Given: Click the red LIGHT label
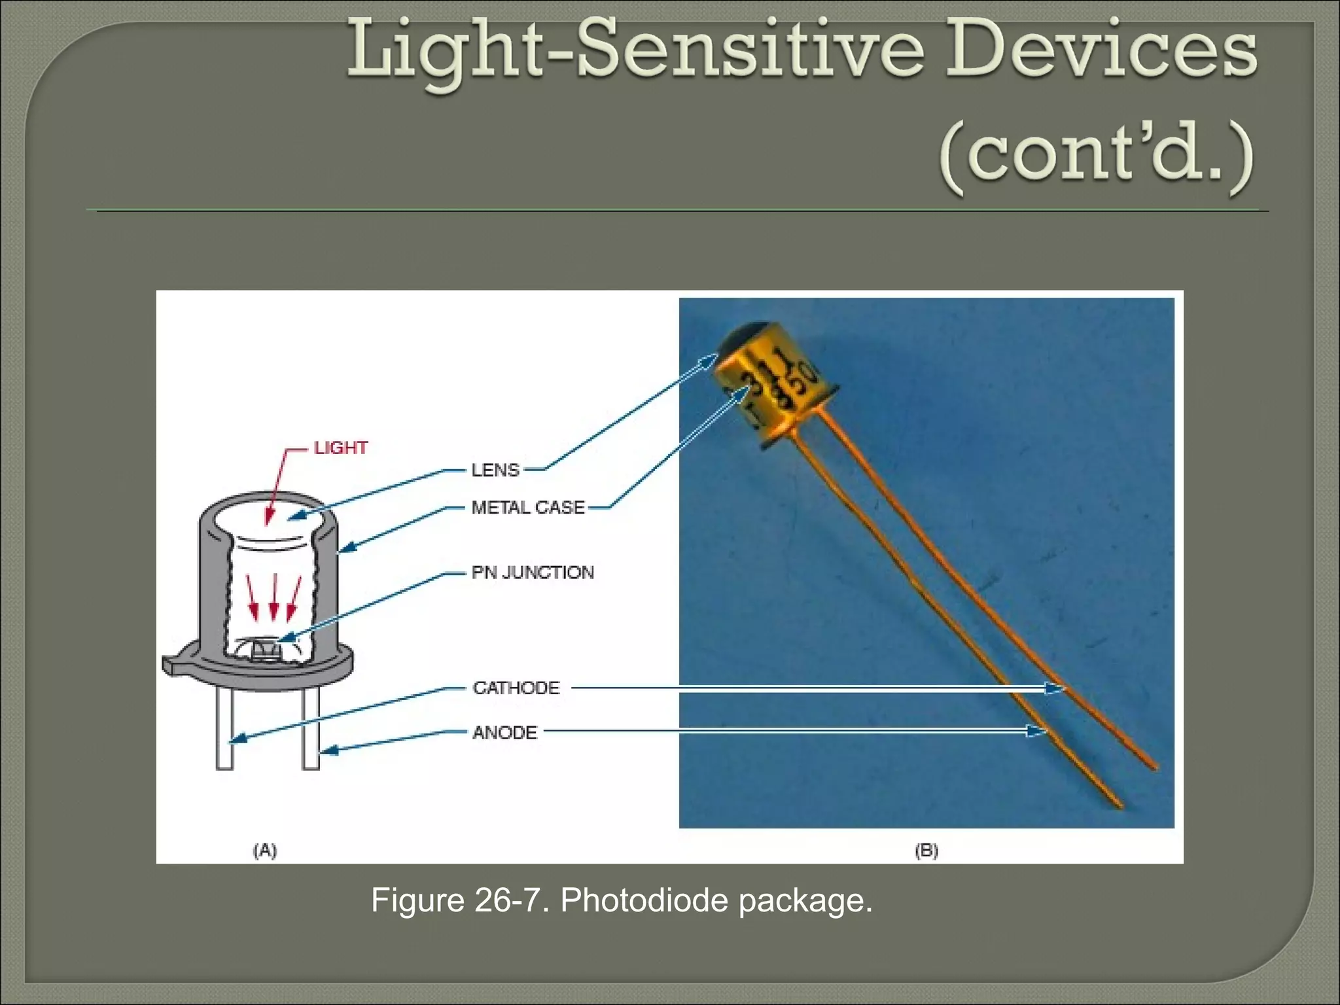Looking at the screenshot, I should (x=341, y=448).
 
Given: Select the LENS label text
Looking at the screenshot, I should (x=495, y=470).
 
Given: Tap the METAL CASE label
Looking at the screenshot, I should (x=528, y=507).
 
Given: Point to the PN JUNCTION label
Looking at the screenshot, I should (x=533, y=573).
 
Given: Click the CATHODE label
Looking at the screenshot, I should (x=516, y=688).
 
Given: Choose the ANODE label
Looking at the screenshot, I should (x=504, y=732).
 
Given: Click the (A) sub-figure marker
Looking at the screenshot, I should (x=265, y=850).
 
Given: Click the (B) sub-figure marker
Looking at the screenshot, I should (x=926, y=850).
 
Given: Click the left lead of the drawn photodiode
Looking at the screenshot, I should (x=225, y=730).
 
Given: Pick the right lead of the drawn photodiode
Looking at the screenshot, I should (x=311, y=730).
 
